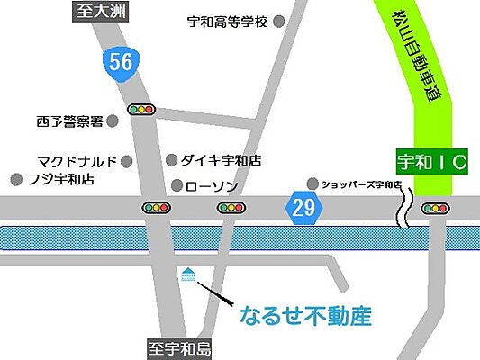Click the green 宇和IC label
coord(430,164)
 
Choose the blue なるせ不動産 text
coord(305,316)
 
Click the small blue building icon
coord(188,273)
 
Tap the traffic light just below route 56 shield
coord(142,110)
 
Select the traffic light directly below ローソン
coord(231,208)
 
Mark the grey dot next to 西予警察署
coord(113,120)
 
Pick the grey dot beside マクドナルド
coord(127,162)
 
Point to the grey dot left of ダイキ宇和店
coord(171,161)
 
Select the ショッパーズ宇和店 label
coord(361,184)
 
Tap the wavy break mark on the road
coord(406,208)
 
